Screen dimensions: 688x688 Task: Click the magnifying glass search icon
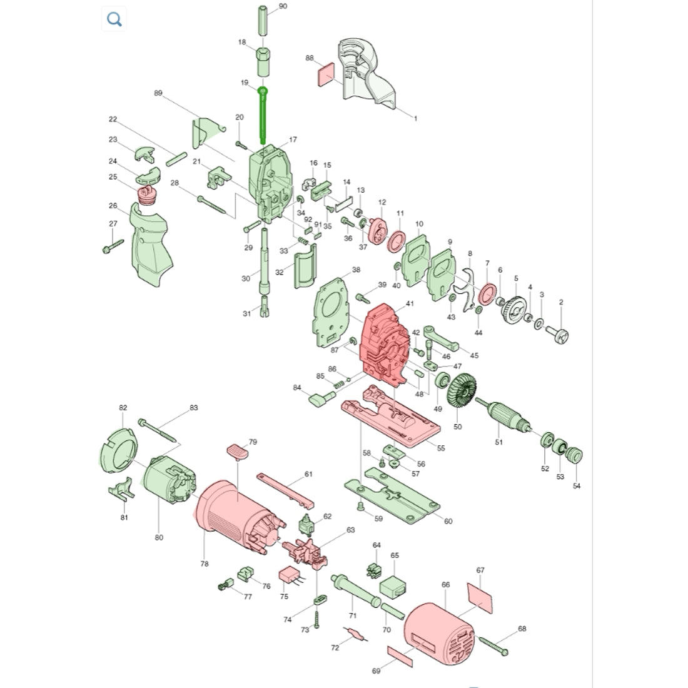pos(114,19)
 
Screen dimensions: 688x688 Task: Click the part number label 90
pos(283,6)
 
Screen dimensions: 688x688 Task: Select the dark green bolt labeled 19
pos(263,116)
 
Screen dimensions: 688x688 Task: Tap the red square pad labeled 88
pos(326,74)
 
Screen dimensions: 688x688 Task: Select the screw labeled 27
pos(113,246)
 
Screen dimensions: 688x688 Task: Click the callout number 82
pos(123,408)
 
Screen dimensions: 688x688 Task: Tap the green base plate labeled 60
pos(392,495)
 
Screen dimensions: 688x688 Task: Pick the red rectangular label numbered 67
pos(480,597)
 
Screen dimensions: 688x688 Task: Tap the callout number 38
pos(356,270)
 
